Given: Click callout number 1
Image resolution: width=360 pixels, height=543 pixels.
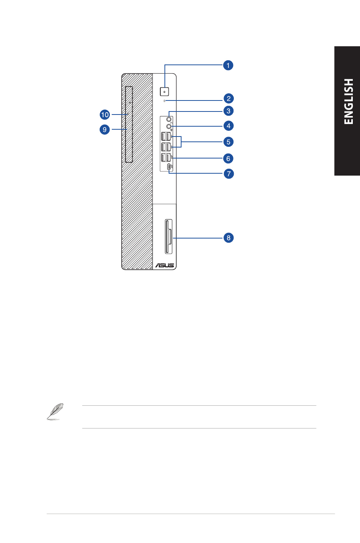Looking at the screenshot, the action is click(x=228, y=65).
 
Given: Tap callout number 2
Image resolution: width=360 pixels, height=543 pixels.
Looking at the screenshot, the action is click(x=228, y=99).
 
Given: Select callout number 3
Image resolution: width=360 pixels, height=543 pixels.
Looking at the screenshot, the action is click(x=228, y=111).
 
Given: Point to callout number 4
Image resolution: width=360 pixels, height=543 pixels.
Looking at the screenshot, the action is click(x=228, y=126).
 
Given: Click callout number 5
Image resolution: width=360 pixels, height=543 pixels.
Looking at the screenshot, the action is click(x=228, y=142).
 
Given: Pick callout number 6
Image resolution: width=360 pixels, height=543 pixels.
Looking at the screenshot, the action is click(x=228, y=159).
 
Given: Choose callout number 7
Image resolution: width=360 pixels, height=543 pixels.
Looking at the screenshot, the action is click(x=228, y=174).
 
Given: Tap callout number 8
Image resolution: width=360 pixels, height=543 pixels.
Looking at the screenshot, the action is click(x=228, y=238).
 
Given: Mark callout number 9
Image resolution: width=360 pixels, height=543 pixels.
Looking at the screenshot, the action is click(x=105, y=129).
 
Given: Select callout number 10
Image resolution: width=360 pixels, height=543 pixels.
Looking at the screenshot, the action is click(x=105, y=115).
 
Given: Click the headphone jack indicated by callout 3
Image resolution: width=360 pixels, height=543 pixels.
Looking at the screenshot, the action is click(x=169, y=119).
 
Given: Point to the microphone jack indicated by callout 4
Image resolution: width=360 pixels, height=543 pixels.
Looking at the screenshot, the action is click(x=169, y=126).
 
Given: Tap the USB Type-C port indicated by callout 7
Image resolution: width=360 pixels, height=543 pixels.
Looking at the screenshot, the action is click(x=169, y=166).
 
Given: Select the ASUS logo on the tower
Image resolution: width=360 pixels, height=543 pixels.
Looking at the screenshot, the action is click(x=164, y=265).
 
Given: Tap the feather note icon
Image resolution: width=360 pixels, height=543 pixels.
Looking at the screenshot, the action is click(x=55, y=411).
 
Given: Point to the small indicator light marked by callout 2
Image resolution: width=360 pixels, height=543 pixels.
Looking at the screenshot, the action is click(x=164, y=101).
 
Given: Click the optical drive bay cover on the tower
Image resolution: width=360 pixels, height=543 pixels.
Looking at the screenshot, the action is click(x=128, y=124).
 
